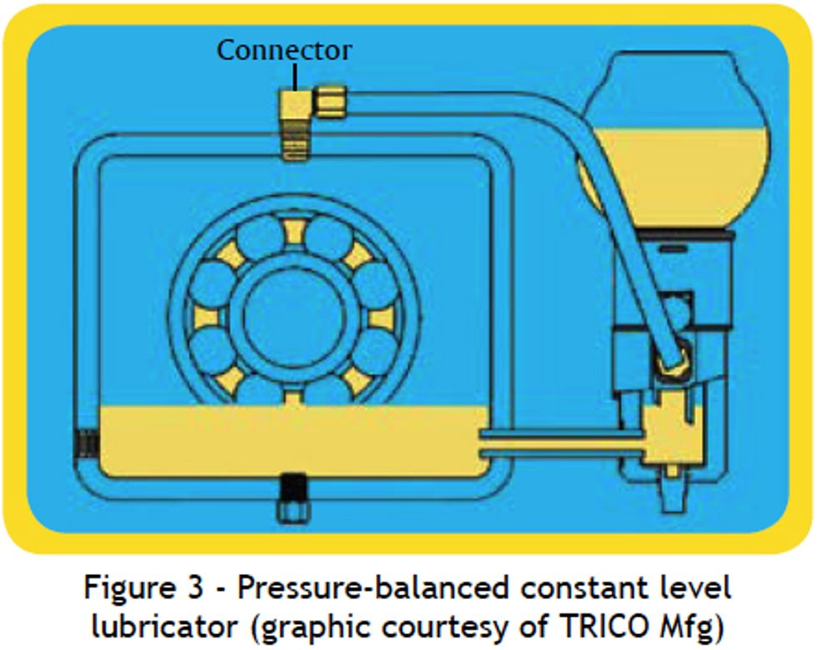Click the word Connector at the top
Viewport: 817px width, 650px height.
284,49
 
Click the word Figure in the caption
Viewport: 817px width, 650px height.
133,587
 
